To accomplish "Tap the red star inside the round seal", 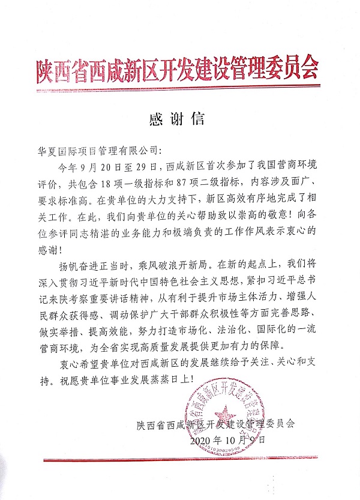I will tap(226, 412).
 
